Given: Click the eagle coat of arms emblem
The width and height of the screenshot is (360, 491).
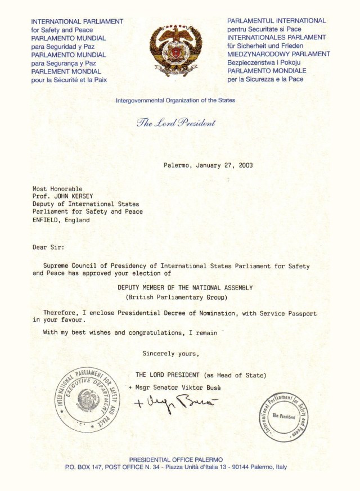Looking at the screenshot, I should click(x=175, y=51).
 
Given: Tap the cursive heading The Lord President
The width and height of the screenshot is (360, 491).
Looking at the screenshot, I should click(x=175, y=123).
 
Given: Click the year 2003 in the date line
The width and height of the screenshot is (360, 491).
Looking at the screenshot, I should click(x=245, y=165).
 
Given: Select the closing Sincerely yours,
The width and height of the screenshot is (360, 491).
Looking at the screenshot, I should click(x=170, y=354).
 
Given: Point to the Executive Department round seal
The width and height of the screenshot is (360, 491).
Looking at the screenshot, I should click(x=87, y=399).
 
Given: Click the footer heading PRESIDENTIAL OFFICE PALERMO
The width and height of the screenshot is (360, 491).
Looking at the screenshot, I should click(x=176, y=460).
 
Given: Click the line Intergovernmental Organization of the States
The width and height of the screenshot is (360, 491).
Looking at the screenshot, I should click(x=175, y=101).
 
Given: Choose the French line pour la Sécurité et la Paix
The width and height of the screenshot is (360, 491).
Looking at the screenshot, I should click(x=69, y=80).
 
